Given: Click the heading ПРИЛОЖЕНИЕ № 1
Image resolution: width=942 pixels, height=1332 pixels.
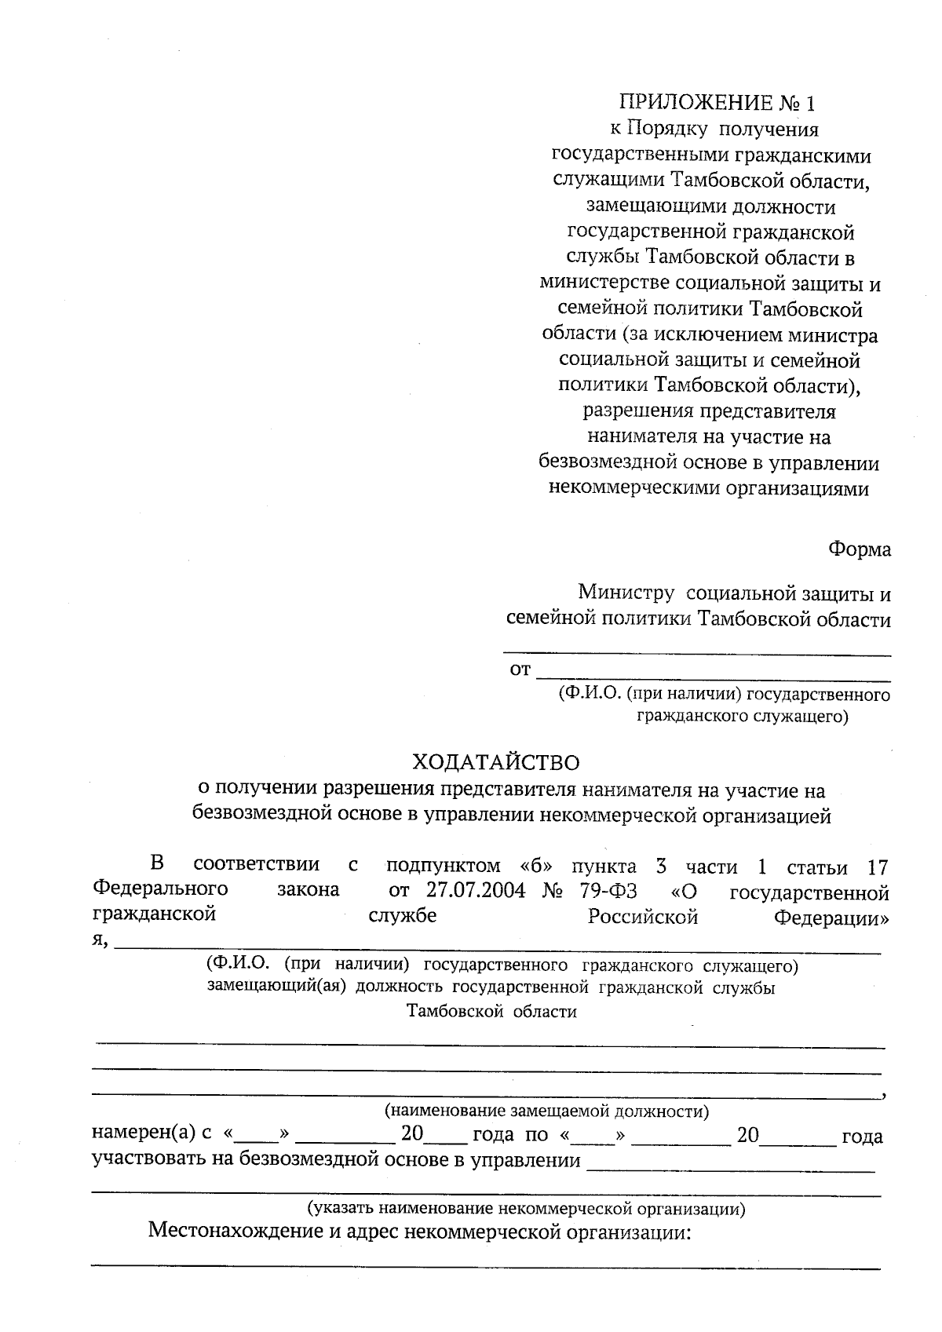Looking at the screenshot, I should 717,103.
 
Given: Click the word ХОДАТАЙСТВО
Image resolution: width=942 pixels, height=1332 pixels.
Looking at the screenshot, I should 496,762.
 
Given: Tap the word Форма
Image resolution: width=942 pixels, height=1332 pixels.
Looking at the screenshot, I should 860,549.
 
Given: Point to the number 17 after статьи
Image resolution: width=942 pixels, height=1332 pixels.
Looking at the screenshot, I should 877,867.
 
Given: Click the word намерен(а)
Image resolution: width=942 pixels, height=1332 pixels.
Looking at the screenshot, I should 144,1135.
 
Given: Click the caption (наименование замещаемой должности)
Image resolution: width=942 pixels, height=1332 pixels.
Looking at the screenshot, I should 546,1111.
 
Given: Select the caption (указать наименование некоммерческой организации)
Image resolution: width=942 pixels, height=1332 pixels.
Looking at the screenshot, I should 525,1208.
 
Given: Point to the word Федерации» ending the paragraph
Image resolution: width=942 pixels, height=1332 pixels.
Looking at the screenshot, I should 831,917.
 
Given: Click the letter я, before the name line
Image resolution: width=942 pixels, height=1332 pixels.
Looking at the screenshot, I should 100,940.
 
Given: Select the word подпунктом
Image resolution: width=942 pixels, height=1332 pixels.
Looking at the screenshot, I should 443,866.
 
